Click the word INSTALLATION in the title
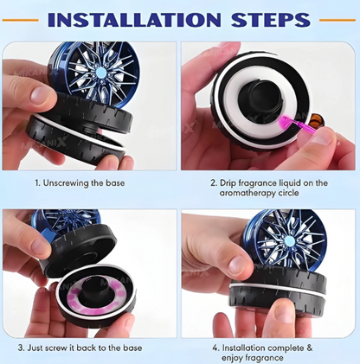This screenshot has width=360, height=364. (x=134, y=20)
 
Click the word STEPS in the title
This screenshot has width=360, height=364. (x=271, y=20)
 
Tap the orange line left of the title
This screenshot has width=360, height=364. (x=20, y=20)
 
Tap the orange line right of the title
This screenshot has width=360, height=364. (x=337, y=20)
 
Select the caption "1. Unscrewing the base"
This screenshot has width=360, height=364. (x=80, y=183)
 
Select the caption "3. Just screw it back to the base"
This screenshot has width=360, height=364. (x=80, y=348)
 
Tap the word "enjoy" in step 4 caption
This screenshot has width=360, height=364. (x=233, y=358)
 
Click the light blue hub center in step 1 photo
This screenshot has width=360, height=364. (x=101, y=72)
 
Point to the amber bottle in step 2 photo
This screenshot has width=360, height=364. (x=318, y=119)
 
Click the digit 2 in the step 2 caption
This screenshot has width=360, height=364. (x=213, y=183)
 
